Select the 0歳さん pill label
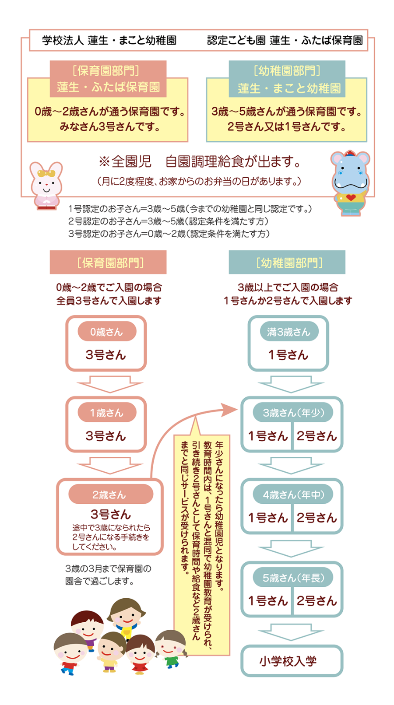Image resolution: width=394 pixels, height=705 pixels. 106,332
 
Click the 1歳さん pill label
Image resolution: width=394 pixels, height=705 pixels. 106,413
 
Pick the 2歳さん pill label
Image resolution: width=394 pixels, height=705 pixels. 110,495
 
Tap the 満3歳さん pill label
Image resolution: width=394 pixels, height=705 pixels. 288,332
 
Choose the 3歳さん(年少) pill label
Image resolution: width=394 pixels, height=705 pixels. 293,413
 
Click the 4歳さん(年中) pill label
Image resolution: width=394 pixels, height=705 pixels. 293,495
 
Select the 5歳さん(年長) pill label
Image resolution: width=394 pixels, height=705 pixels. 293,578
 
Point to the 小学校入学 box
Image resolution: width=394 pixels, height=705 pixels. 292,661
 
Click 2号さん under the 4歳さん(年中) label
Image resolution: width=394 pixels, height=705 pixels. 317,518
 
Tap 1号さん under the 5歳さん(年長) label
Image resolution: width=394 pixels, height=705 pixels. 267,601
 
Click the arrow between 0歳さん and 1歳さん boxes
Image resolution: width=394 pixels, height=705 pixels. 110,384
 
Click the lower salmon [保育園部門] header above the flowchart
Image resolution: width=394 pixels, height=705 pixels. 108,262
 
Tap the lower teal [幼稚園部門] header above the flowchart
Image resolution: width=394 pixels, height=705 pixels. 287,262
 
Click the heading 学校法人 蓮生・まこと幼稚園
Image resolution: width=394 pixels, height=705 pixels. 109,40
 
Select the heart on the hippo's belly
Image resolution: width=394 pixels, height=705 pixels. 351,198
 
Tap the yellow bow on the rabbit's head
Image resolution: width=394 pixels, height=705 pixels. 46,173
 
